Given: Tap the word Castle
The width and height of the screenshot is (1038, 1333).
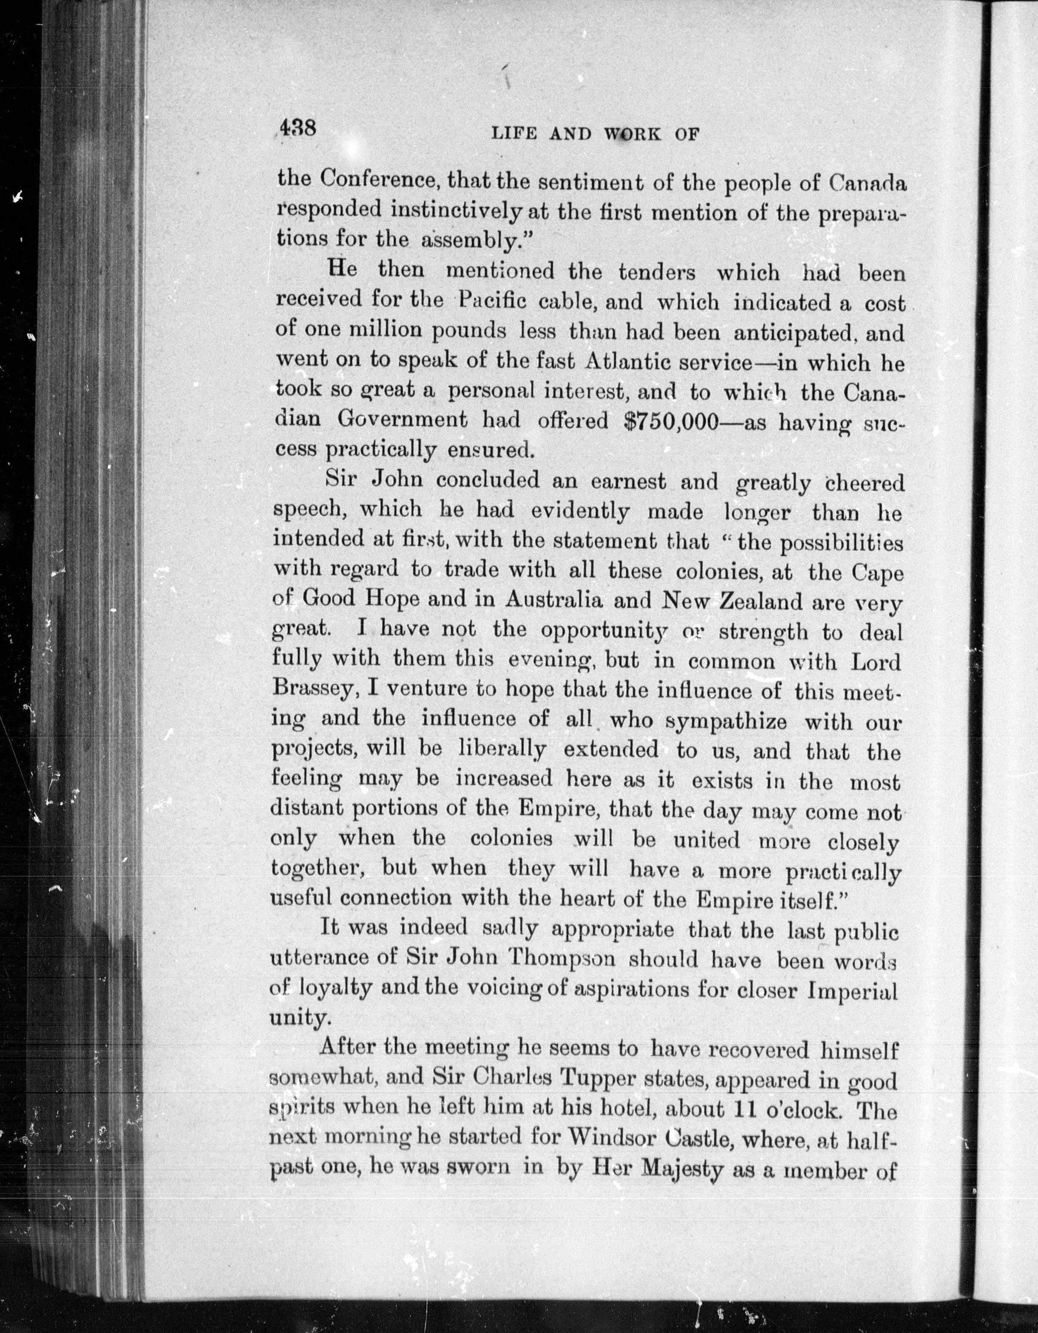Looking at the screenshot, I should [x=705, y=1139].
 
